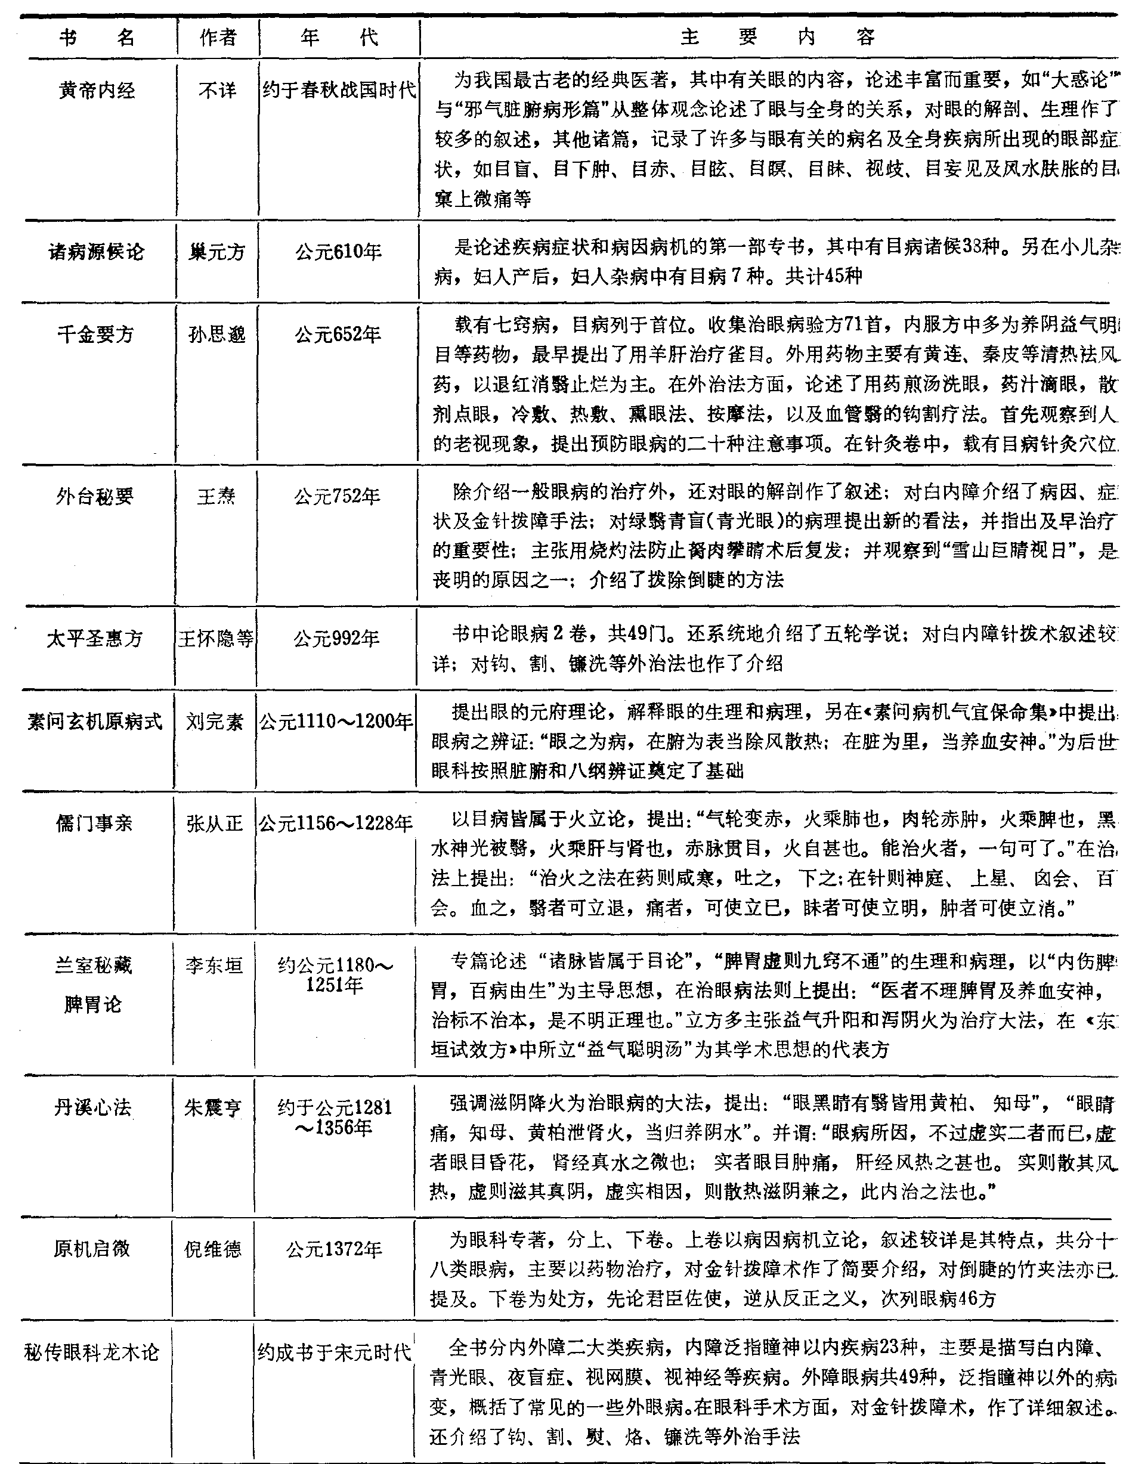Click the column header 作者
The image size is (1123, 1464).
pos(218,38)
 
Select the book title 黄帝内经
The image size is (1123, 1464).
pos(97,90)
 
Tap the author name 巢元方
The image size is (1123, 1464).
pos(216,252)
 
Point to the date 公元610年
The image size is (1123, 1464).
pos(338,252)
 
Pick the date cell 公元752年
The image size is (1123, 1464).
pos(338,496)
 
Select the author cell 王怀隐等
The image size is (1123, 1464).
pos(215,639)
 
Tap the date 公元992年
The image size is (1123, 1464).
pos(336,639)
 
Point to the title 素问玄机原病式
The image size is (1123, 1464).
pos(94,722)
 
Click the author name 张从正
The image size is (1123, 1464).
pos(215,823)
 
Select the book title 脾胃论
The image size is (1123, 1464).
pos(93,1004)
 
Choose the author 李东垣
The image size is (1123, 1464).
pos(214,965)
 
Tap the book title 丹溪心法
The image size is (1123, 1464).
pos(92,1108)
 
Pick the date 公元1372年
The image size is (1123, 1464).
pos(334,1249)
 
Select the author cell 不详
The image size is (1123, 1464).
pos(217,90)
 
